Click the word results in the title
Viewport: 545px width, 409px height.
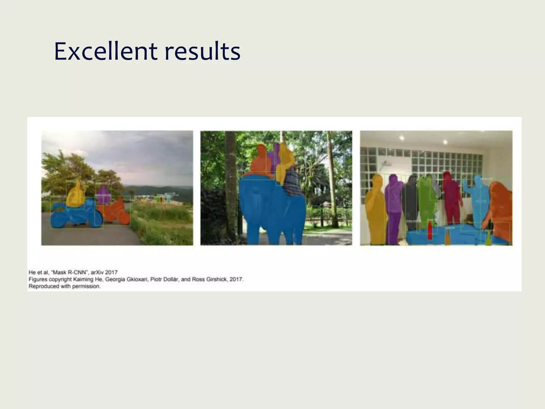(203, 51)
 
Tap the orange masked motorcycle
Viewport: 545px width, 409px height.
(117, 212)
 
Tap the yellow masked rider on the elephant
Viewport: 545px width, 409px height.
(284, 162)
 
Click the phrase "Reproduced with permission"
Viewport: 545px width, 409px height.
(64, 286)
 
